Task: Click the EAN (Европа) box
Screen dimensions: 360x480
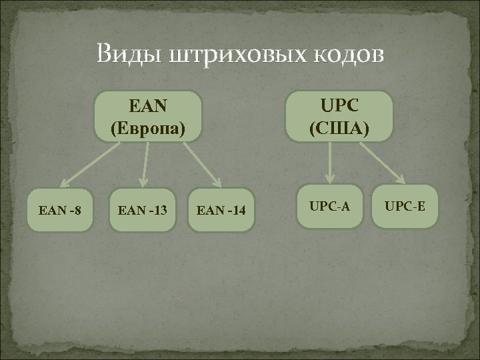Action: coord(147,117)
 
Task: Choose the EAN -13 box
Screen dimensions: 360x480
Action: coord(143,212)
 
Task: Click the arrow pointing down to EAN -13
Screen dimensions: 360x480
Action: coord(142,167)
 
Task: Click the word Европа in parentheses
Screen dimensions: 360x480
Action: coord(147,127)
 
